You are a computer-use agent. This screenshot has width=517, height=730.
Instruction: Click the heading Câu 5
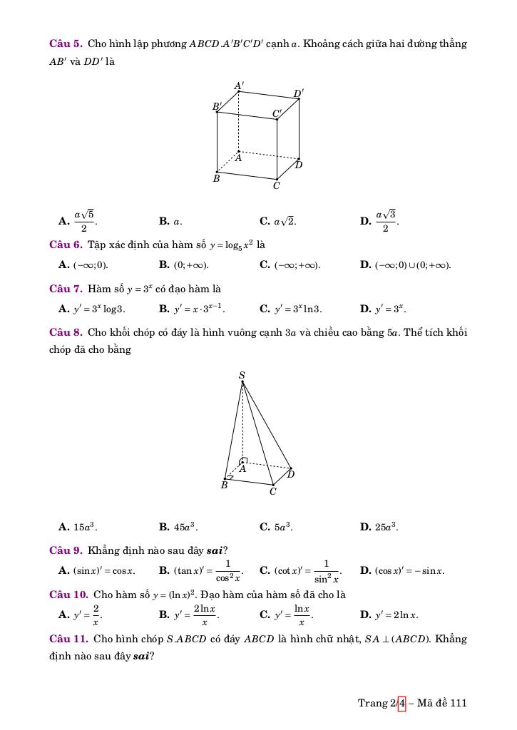(66, 44)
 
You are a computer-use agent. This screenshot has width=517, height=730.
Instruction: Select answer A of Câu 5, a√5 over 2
(77, 221)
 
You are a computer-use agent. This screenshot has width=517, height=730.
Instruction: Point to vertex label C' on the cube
(277, 113)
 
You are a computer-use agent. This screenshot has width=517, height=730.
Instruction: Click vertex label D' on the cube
(299, 93)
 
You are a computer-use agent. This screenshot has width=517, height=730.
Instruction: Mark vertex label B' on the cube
(217, 106)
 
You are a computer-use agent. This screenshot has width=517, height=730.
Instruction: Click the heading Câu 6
(66, 245)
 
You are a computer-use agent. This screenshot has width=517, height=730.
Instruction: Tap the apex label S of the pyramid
(242, 375)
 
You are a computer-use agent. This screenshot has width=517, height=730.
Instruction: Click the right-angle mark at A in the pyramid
(244, 461)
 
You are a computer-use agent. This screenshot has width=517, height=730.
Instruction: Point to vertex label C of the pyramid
(272, 492)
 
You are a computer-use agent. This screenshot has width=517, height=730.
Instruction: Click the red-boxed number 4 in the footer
(401, 703)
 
